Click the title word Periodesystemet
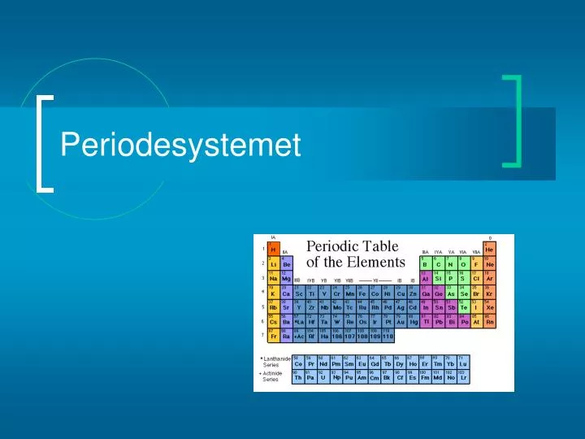click(x=180, y=146)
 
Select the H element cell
click(x=274, y=249)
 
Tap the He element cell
click(x=489, y=249)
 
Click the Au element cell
click(x=400, y=322)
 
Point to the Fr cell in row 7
click(x=274, y=337)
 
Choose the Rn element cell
click(x=489, y=322)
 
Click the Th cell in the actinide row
click(x=298, y=377)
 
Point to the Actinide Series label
click(x=273, y=376)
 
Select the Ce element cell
click(x=298, y=363)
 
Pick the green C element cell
click(x=438, y=263)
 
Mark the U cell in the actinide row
click(x=323, y=377)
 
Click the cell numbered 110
click(x=388, y=337)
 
